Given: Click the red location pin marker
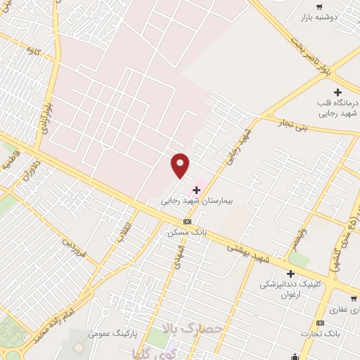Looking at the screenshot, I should [x=181, y=165].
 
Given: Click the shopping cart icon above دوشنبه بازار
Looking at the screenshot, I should [x=302, y=5].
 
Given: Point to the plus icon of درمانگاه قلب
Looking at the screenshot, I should [x=338, y=92].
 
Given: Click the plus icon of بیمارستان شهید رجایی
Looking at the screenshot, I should [x=196, y=189].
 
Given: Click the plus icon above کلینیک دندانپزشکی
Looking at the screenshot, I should [x=290, y=274].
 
